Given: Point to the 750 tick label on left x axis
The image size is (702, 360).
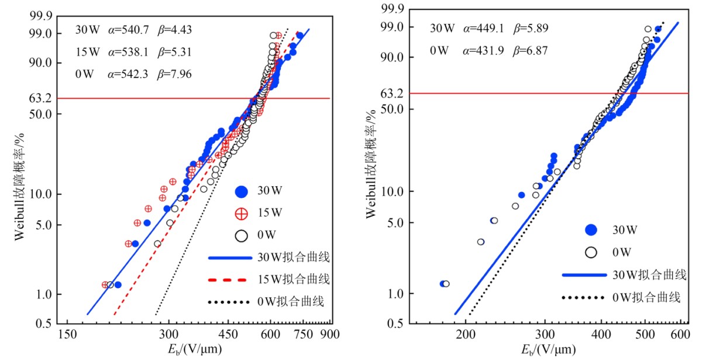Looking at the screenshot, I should pyautogui.click(x=302, y=335).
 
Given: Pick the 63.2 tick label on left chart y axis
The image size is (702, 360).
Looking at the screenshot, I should pyautogui.click(x=42, y=98).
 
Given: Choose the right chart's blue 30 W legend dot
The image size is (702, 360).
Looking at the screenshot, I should pyautogui.click(x=591, y=229).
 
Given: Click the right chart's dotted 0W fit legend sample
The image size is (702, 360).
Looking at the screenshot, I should pyautogui.click(x=582, y=297).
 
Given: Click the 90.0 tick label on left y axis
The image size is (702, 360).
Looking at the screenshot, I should pyautogui.click(x=42, y=63).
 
